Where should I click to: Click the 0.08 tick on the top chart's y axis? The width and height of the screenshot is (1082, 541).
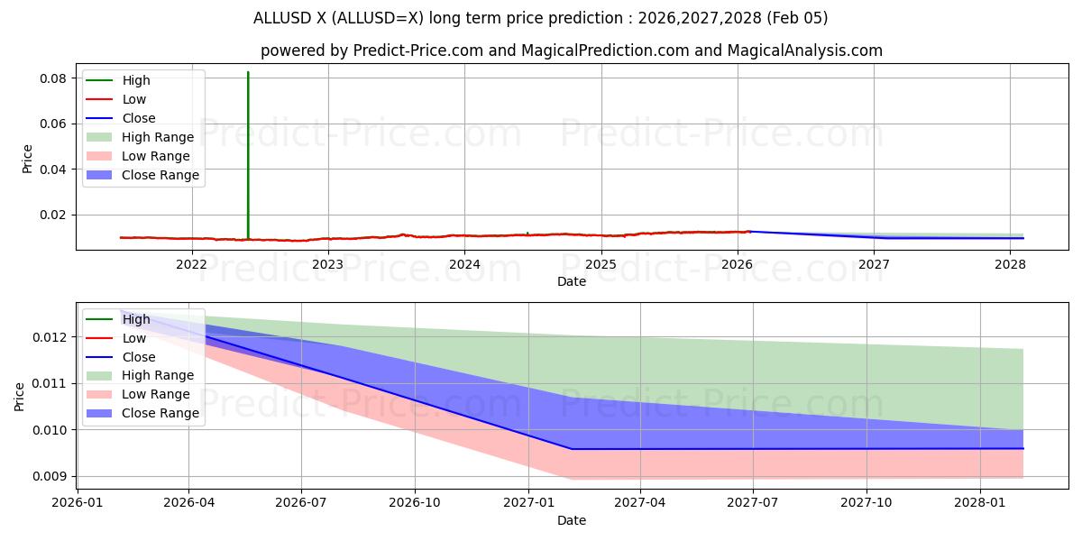click(53, 78)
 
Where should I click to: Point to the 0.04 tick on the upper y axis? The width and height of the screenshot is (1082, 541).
click(53, 170)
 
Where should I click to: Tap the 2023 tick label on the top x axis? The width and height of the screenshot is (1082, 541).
click(327, 264)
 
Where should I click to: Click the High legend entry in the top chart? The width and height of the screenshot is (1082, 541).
click(136, 80)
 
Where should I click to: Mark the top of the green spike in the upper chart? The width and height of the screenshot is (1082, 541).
click(248, 72)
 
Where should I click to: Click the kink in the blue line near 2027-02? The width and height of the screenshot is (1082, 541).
click(572, 449)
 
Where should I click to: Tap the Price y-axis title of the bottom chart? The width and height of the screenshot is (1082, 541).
click(20, 396)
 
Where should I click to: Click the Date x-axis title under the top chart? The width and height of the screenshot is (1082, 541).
click(572, 281)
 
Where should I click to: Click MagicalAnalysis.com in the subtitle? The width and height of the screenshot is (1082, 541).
click(810, 50)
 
